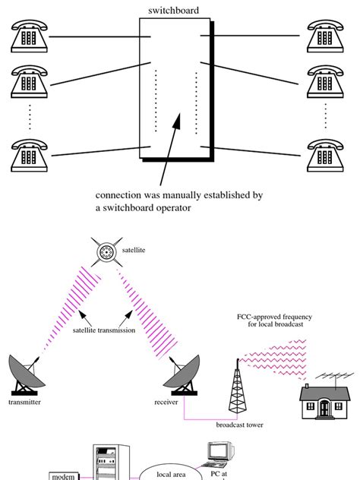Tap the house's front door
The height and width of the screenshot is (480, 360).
coord(325,408)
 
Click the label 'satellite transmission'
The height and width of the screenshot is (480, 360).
coord(105,330)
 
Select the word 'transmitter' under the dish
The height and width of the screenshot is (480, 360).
coord(24,403)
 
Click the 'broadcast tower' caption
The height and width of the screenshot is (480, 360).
coord(240,425)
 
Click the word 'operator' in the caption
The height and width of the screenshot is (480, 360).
coord(169,207)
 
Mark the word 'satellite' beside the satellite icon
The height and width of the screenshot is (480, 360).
coord(134,249)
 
